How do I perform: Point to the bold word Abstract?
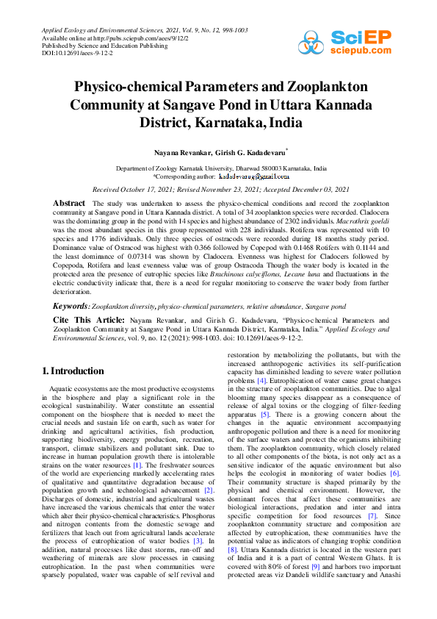click(x=70, y=201)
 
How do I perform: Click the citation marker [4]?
click(x=261, y=381)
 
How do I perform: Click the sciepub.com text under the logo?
click(x=361, y=51)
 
